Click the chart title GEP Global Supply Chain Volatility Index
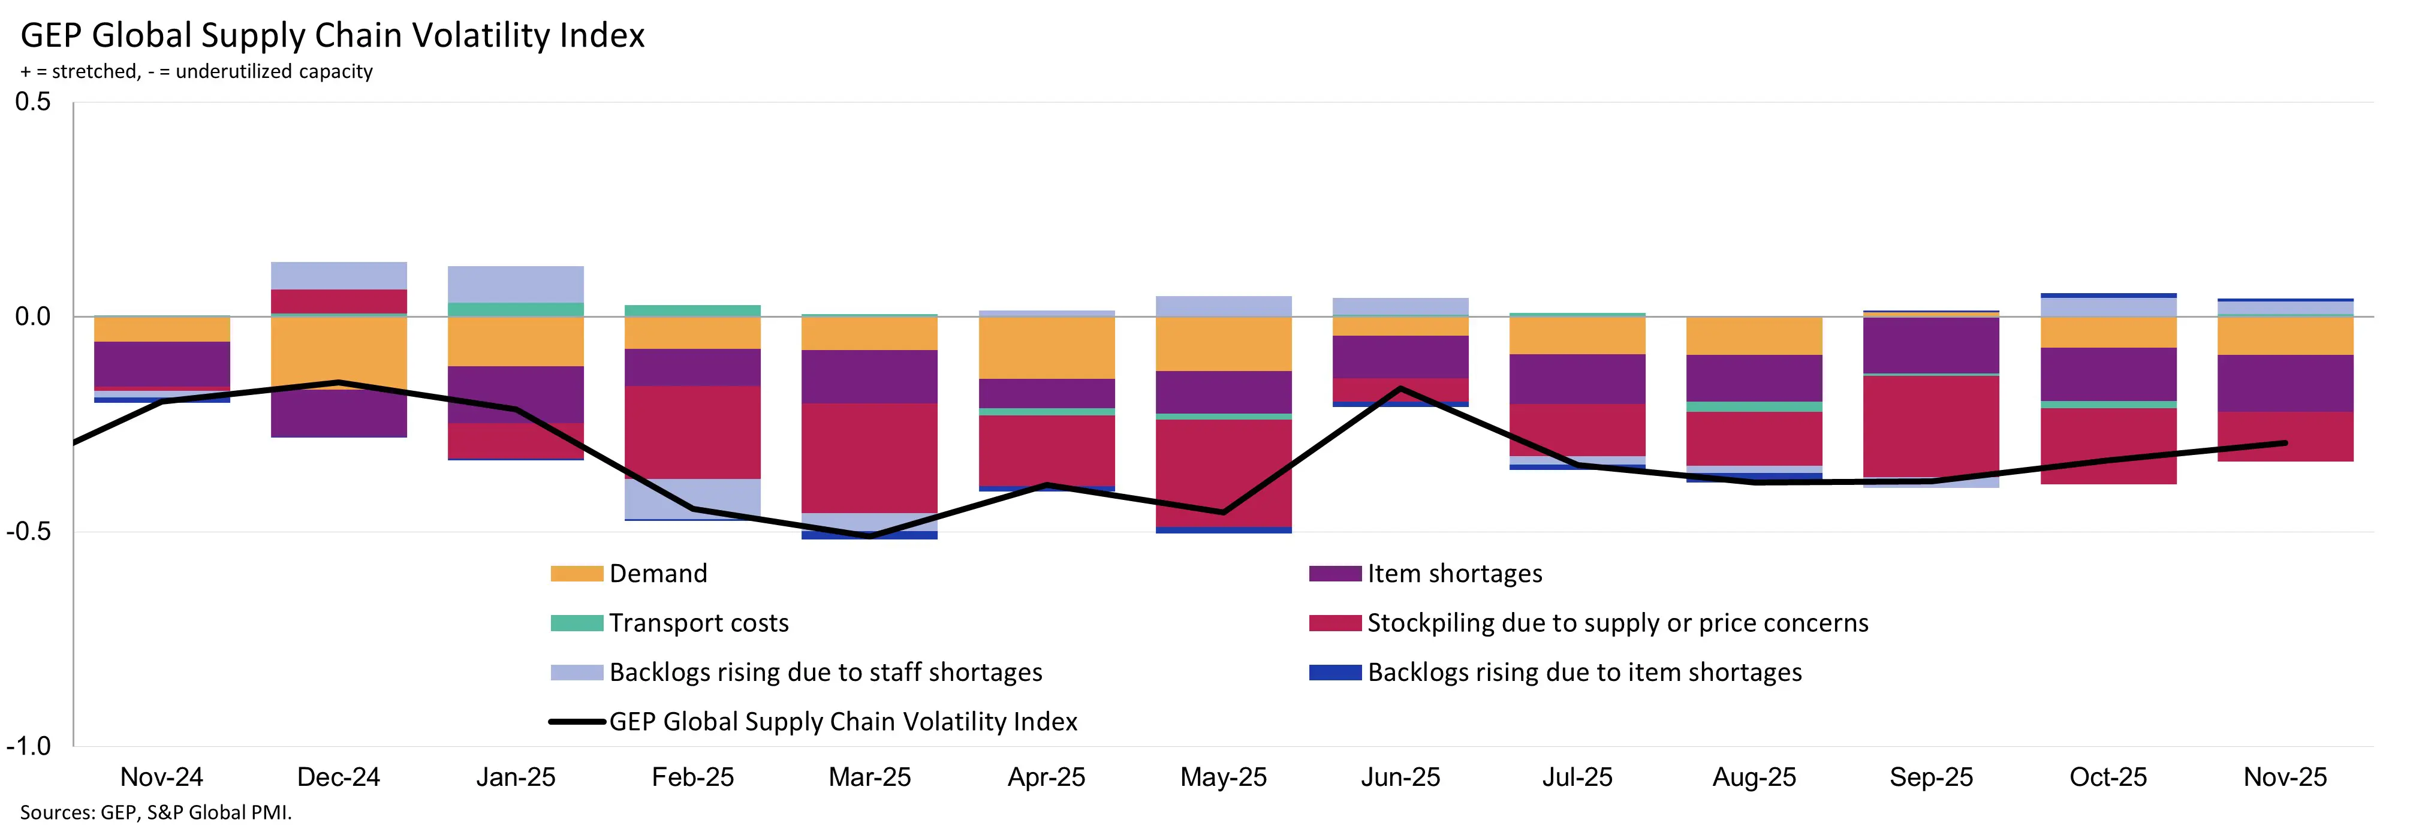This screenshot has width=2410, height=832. (332, 35)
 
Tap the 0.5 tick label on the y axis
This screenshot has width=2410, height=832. (34, 102)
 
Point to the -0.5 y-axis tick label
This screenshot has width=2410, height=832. (29, 530)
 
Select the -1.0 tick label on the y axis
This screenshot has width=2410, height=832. (29, 746)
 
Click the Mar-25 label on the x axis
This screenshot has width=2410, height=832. (869, 777)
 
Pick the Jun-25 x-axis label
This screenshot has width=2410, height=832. (1400, 777)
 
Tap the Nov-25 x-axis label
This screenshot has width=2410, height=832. (2285, 777)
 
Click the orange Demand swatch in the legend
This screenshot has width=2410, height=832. (576, 574)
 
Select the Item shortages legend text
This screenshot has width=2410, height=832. (1454, 574)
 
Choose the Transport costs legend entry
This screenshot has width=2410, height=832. (698, 623)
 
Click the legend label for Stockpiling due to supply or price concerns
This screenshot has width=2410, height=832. (1617, 623)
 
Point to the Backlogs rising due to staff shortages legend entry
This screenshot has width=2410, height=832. (824, 673)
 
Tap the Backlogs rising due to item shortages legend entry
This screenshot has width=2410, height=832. (1584, 673)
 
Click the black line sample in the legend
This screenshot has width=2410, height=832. (576, 722)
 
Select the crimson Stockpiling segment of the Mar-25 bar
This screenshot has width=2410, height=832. (869, 459)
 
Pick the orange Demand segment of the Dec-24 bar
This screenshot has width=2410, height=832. (339, 351)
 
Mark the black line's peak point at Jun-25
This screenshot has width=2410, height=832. (1400, 387)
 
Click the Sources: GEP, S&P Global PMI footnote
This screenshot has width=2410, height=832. (155, 812)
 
